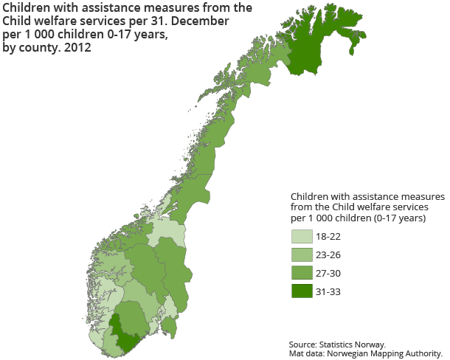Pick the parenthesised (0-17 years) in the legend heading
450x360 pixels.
point(392,219)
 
